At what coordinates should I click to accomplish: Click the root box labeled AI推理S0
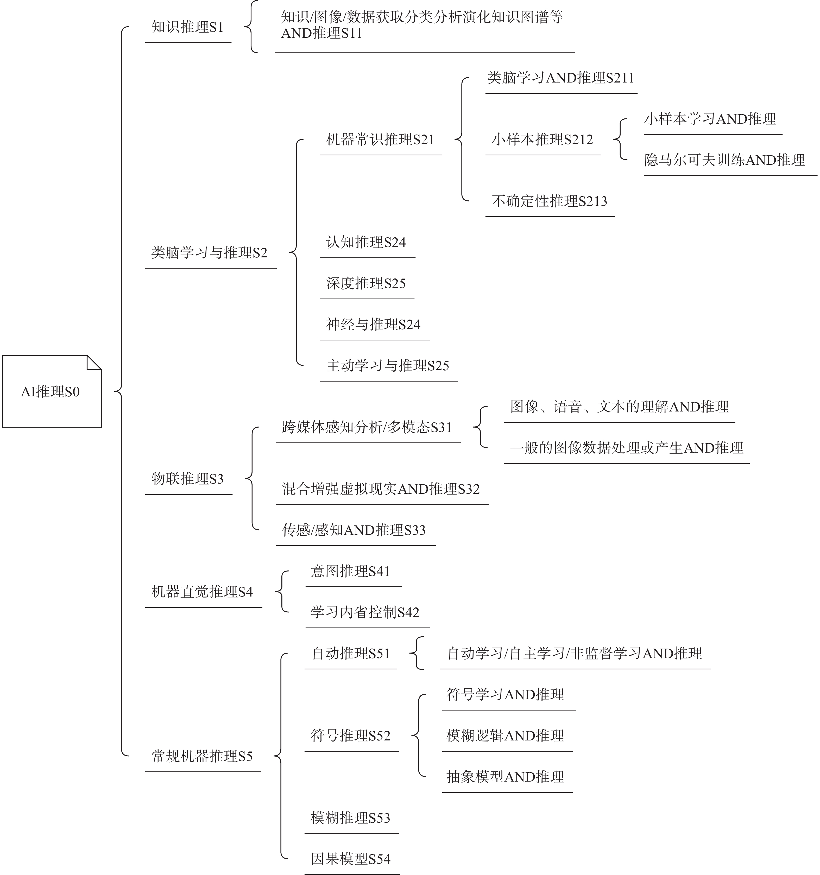click(x=52, y=391)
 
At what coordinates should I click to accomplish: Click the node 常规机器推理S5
click(x=202, y=756)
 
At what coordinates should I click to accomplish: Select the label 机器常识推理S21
click(x=380, y=140)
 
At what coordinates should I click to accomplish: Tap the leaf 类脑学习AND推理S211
click(x=560, y=78)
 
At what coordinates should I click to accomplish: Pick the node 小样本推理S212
click(x=542, y=140)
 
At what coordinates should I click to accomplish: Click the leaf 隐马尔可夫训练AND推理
click(x=724, y=160)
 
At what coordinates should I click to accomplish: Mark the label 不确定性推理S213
click(x=549, y=201)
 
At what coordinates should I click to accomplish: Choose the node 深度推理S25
click(x=366, y=283)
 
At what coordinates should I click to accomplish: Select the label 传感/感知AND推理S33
click(x=354, y=530)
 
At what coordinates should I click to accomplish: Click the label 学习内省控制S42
click(x=365, y=612)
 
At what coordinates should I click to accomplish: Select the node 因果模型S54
click(x=350, y=859)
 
